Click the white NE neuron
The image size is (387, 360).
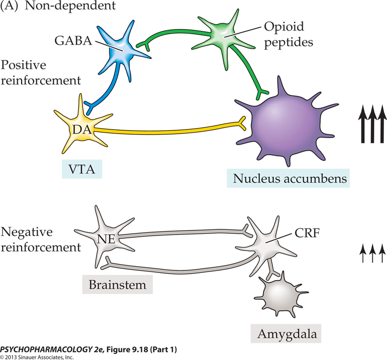tap(110, 241)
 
